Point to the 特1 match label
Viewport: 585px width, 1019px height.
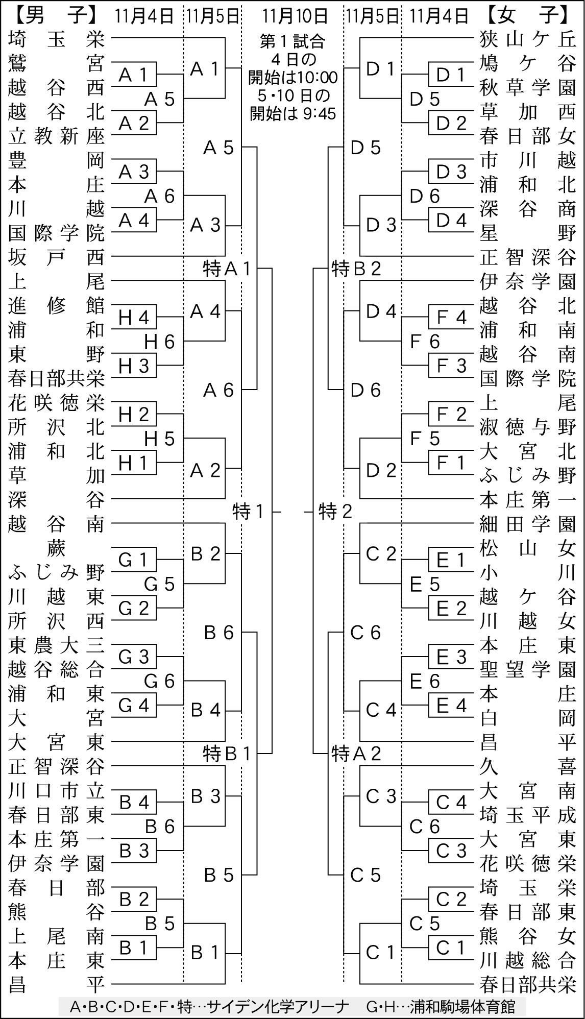[x=248, y=511]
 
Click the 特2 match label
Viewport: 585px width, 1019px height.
[x=335, y=511]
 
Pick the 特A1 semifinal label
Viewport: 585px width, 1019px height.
[x=227, y=269]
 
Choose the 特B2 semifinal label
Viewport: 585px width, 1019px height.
[x=356, y=269]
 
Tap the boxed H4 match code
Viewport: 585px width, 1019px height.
[x=133, y=318]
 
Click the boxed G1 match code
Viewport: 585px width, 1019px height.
[x=133, y=561]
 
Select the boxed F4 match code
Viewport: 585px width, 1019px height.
[x=451, y=318]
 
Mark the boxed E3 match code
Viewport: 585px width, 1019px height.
[x=451, y=657]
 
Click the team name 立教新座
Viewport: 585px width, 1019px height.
[x=56, y=136]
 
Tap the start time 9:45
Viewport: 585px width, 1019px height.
[x=319, y=113]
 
